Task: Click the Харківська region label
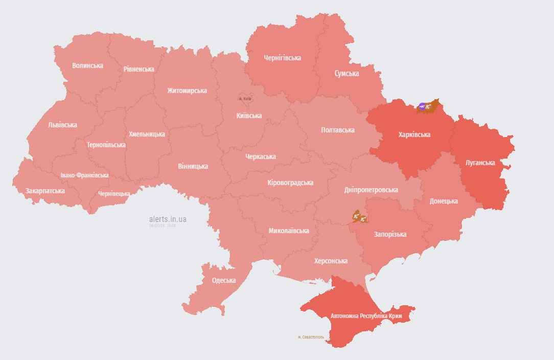click(x=414, y=135)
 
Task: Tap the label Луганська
click(x=480, y=163)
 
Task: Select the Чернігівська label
click(x=282, y=58)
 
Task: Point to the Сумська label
click(x=347, y=74)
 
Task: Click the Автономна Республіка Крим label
click(x=366, y=316)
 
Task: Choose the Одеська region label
click(x=224, y=280)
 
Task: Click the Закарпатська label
click(x=45, y=191)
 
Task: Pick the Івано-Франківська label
click(x=84, y=175)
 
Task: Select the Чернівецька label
click(x=114, y=194)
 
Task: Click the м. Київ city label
click(x=245, y=98)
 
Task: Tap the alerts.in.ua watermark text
click(x=168, y=219)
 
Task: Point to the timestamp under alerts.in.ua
click(x=163, y=226)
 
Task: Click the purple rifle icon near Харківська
click(x=422, y=106)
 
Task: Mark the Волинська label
click(x=87, y=65)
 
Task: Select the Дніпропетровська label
click(x=371, y=190)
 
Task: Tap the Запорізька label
click(x=390, y=234)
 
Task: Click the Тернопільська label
click(x=106, y=145)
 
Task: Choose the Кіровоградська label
click(x=290, y=183)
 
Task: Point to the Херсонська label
click(x=331, y=261)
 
